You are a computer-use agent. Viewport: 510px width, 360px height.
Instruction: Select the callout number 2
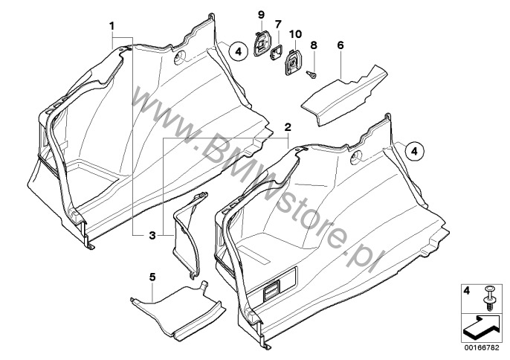pos(288,127)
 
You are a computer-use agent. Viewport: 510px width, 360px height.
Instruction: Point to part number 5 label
pos(152,277)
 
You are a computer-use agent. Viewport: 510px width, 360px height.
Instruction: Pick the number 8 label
pos(313,45)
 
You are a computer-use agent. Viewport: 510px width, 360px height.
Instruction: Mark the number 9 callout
pos(261,16)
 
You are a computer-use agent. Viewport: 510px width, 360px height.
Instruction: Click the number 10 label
pos(296,34)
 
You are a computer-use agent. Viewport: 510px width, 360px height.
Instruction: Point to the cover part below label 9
pos(260,45)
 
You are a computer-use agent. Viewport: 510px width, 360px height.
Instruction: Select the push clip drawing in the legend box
pos(489,298)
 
